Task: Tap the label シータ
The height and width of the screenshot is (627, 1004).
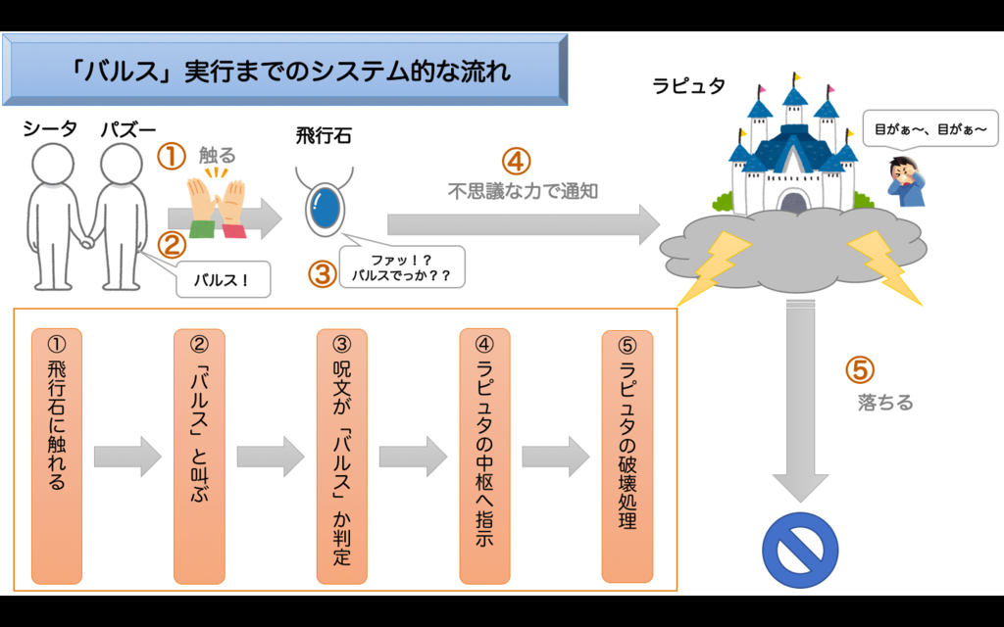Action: (50, 129)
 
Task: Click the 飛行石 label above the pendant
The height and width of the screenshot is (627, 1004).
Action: (324, 136)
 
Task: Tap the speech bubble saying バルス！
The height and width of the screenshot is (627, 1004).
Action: (225, 279)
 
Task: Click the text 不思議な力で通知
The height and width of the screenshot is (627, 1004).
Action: (523, 192)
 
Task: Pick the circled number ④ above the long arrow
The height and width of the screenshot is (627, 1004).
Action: (517, 161)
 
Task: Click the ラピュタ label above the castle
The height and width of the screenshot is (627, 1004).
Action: (688, 86)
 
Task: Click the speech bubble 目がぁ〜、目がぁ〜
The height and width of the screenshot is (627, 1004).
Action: (929, 128)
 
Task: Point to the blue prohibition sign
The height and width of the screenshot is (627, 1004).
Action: (800, 550)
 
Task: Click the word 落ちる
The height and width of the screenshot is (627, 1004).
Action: (885, 403)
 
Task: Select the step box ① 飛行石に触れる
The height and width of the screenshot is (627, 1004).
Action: (57, 456)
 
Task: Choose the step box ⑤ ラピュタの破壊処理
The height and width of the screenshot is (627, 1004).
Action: (627, 456)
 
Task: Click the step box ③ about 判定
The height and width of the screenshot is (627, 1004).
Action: (342, 456)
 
